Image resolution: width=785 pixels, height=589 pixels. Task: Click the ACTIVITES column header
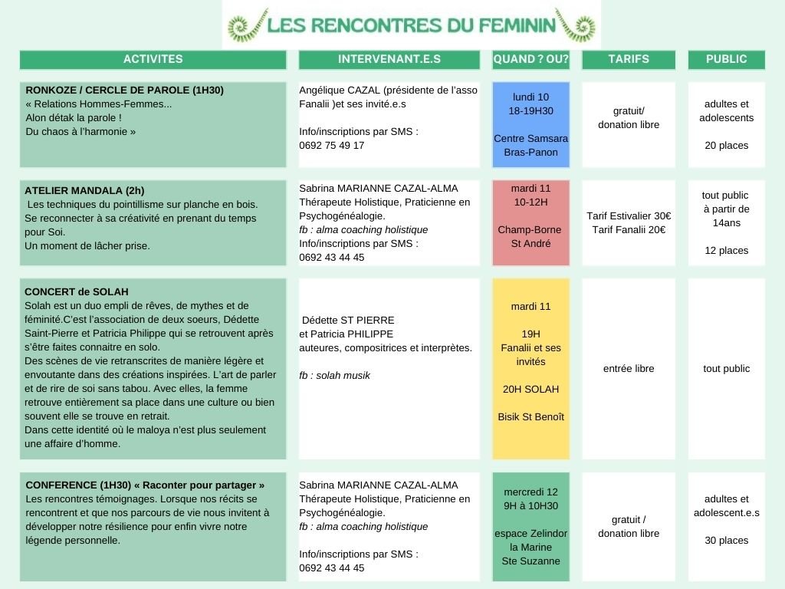[153, 59]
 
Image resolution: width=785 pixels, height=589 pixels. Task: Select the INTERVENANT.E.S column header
[389, 59]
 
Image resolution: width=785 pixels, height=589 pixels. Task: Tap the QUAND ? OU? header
[530, 59]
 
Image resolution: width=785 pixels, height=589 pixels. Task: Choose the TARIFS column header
[629, 59]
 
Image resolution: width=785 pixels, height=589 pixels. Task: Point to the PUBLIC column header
[726, 59]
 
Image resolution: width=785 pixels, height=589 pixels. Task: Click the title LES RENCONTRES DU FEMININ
[411, 25]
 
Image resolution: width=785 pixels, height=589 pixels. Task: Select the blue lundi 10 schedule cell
[530, 124]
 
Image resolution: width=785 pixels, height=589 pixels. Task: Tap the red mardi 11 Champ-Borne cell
[530, 222]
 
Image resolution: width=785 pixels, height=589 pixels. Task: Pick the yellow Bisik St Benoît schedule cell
[530, 368]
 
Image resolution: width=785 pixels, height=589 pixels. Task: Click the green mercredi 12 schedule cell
[530, 526]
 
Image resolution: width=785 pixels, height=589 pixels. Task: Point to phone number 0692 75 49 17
[331, 145]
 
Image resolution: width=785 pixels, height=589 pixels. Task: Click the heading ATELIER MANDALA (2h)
[84, 190]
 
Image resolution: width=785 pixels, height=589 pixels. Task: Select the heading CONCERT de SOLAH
[77, 291]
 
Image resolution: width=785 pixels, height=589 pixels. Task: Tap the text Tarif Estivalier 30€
[629, 216]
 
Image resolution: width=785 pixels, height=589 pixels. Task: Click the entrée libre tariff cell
[629, 368]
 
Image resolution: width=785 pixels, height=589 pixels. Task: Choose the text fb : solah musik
[334, 375]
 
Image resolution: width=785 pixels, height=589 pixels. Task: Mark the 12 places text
[726, 250]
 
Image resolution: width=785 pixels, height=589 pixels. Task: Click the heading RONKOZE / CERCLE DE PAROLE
[124, 90]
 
